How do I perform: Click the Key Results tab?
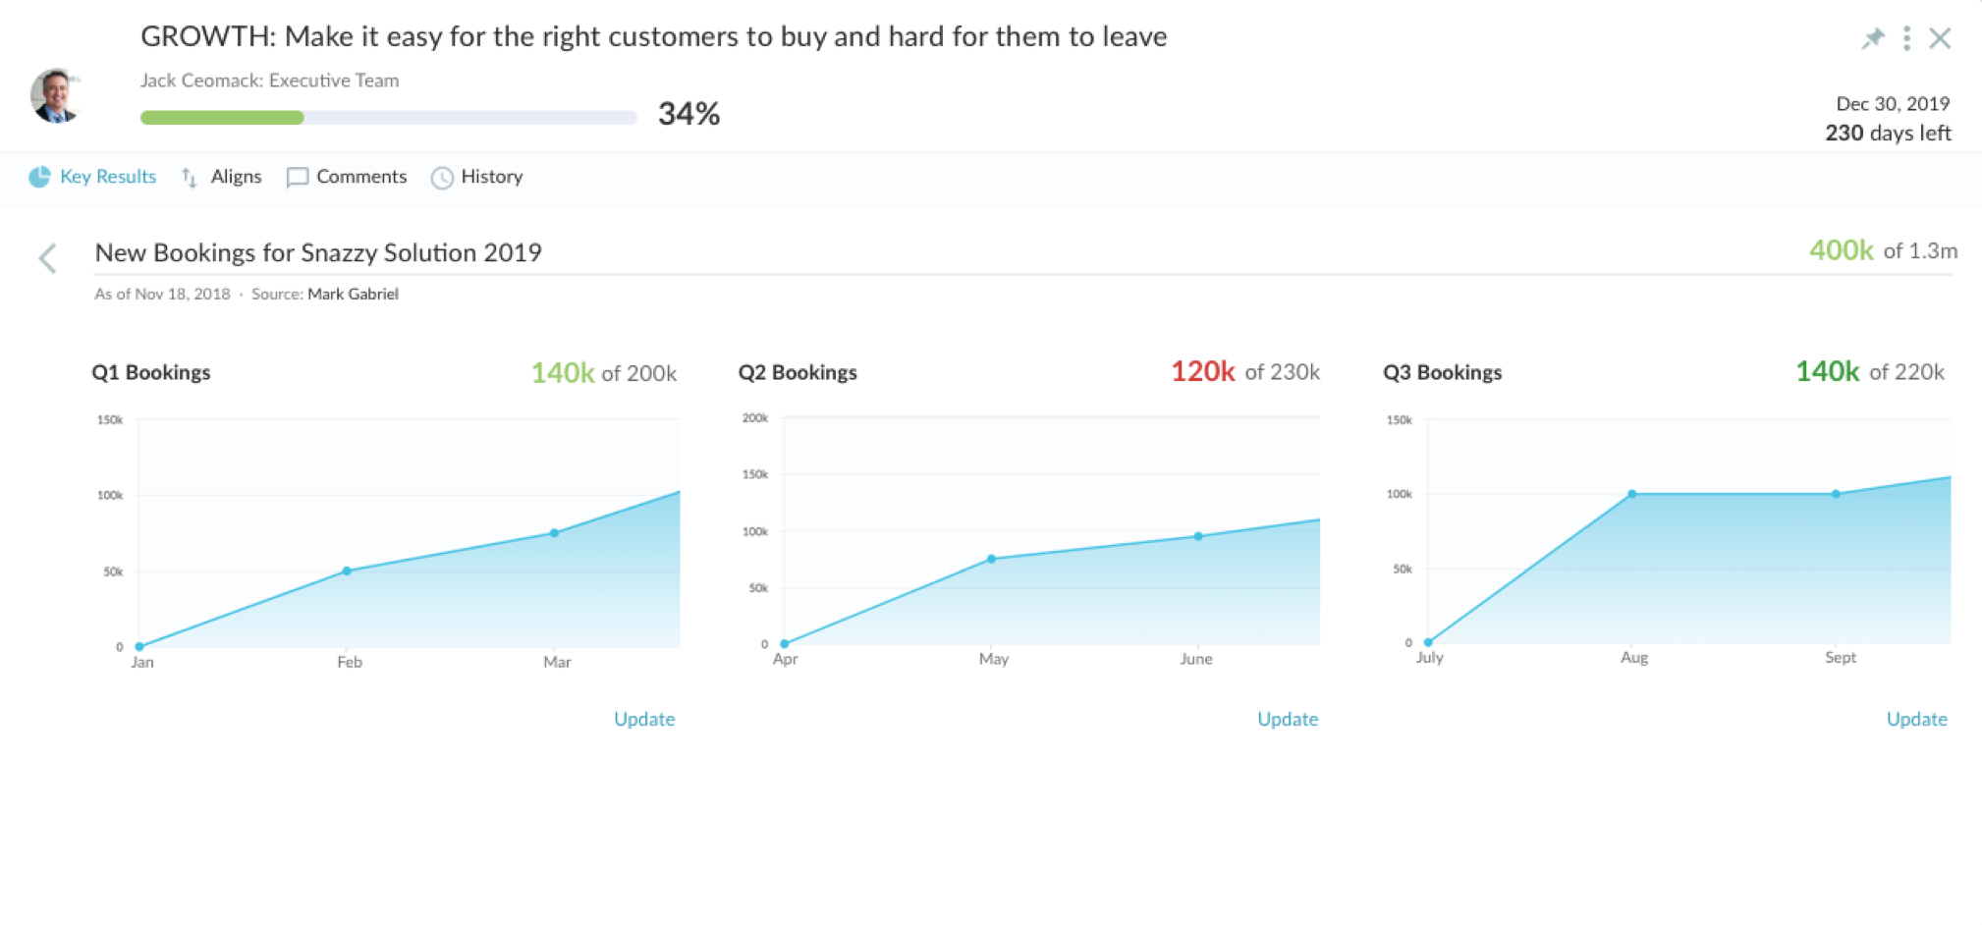click(94, 177)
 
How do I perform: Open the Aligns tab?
click(223, 177)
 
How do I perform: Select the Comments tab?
click(347, 177)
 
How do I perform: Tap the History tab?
click(477, 177)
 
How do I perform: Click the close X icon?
click(1940, 38)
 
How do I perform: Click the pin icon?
click(1873, 38)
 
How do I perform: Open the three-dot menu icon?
click(1906, 38)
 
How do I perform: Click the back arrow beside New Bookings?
click(47, 258)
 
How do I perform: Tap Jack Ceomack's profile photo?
click(55, 96)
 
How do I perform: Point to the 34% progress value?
click(688, 114)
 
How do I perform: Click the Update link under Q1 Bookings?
click(644, 719)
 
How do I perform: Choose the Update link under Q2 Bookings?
click(1288, 719)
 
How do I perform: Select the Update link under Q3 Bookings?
click(1916, 719)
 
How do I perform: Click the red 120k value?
click(1202, 371)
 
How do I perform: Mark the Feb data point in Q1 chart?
click(347, 571)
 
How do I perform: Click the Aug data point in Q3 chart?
click(1631, 494)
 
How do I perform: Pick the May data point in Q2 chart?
click(991, 559)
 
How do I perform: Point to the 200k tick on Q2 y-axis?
click(755, 418)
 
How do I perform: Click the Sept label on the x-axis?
click(1841, 657)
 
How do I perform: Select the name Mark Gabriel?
click(353, 294)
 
